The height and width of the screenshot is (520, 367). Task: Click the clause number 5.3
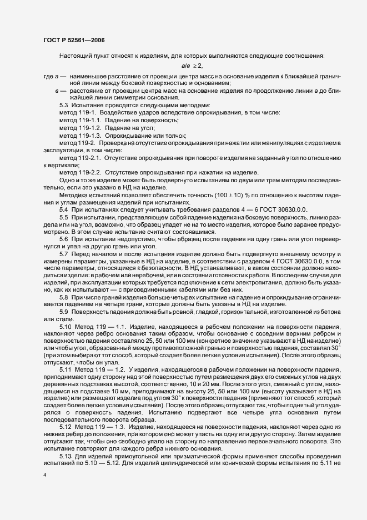(64, 106)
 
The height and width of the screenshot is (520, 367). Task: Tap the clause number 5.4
(64, 211)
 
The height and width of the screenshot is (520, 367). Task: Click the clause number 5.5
(64, 218)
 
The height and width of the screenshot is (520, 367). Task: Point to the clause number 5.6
(64, 241)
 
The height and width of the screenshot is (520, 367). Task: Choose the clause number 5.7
(64, 256)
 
